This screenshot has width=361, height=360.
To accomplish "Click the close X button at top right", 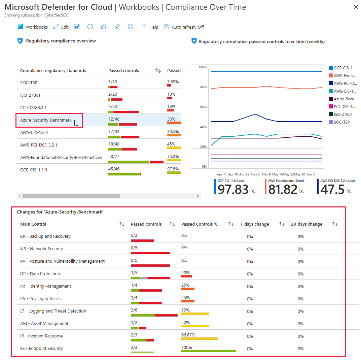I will (356, 7).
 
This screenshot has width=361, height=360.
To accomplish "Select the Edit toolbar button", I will (61, 27).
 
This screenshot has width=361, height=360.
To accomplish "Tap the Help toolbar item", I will (150, 27).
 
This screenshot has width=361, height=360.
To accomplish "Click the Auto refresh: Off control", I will (184, 27).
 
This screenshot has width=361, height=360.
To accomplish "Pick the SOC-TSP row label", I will (29, 83).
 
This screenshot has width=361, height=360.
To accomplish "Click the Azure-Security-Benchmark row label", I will (46, 120).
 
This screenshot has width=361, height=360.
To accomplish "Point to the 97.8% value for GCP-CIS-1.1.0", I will (173, 169).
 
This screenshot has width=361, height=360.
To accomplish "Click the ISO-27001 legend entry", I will (343, 114).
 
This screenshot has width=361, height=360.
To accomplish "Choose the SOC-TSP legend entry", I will (341, 122).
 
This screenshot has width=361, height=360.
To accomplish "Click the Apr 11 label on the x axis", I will (222, 174).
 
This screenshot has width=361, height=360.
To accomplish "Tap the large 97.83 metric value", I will (233, 190).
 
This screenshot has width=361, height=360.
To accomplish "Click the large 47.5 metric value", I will (332, 190).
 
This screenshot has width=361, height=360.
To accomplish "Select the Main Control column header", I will (33, 224).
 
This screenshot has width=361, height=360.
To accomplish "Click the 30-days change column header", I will (306, 224).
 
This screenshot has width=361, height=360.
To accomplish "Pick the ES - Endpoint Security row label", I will (41, 348).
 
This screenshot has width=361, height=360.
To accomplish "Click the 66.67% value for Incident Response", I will (188, 335).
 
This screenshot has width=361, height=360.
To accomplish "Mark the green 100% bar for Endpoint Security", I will (209, 351).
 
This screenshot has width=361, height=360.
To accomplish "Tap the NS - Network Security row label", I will (41, 249).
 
